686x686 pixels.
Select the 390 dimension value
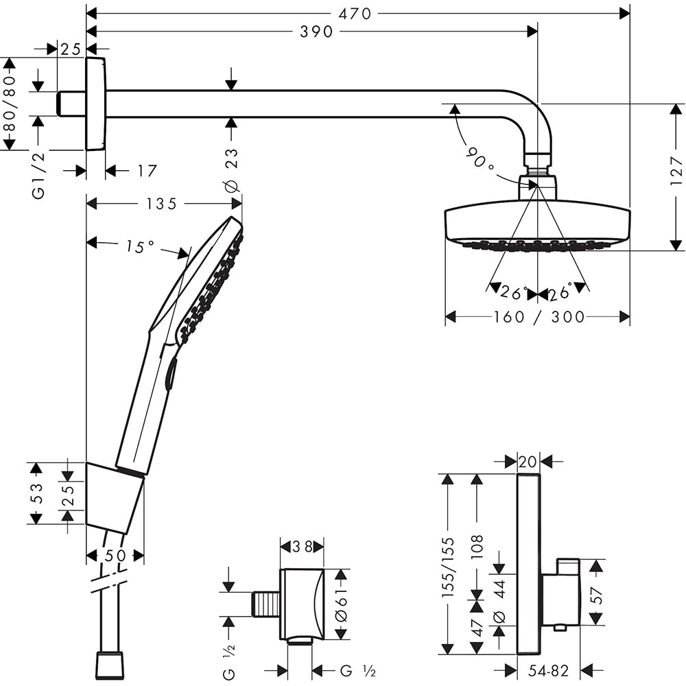coord(316,32)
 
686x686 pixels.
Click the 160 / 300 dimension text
coord(538,317)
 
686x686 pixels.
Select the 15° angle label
coord(141,246)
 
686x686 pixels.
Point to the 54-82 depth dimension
coord(548,670)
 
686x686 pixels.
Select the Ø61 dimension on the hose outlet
coord(341,604)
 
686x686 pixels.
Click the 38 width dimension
coord(301,547)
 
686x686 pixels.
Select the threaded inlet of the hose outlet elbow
coord(266,604)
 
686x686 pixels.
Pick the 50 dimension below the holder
coord(115,556)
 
